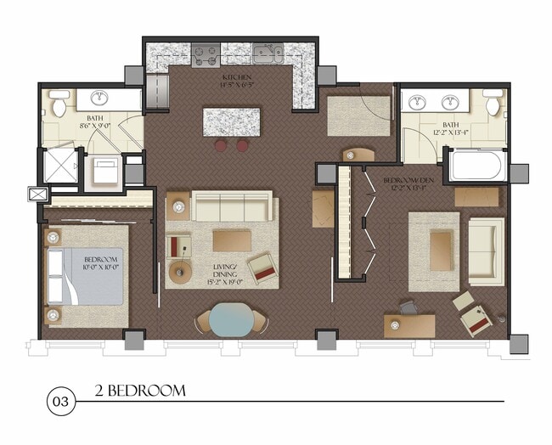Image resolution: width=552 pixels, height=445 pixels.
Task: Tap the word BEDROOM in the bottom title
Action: coord(145,391)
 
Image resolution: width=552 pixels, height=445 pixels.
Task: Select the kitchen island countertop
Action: coord(231,121)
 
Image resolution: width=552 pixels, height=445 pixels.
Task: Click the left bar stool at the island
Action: coord(221,145)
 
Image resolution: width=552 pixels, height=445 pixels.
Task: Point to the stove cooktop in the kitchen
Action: coord(206,56)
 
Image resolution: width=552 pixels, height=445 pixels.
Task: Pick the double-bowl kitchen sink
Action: coord(267,56)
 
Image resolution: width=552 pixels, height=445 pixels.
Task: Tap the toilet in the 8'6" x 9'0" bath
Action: coord(59,105)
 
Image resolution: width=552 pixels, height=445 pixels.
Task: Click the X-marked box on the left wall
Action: coord(38,194)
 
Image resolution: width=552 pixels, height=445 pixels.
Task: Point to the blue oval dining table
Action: coord(231,320)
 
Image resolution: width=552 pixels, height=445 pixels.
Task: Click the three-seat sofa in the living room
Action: coord(232,206)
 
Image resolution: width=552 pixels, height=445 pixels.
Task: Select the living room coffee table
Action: coord(232,240)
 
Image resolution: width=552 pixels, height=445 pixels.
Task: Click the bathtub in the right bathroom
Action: coord(476,164)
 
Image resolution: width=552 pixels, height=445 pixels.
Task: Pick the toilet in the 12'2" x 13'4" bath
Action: coord(493,104)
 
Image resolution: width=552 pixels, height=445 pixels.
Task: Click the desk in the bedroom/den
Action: coord(408,325)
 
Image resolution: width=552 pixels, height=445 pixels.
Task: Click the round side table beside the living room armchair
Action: coord(181,272)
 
